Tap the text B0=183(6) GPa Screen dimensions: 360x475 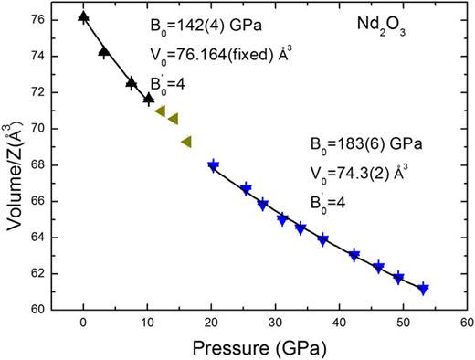point(354,143)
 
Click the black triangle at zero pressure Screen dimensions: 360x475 point(84,17)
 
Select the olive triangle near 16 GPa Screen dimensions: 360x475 point(186,142)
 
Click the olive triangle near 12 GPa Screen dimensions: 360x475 point(160,111)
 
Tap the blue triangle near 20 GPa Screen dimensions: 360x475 point(214,166)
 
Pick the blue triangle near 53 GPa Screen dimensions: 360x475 point(423,289)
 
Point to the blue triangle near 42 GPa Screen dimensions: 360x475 point(354,256)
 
